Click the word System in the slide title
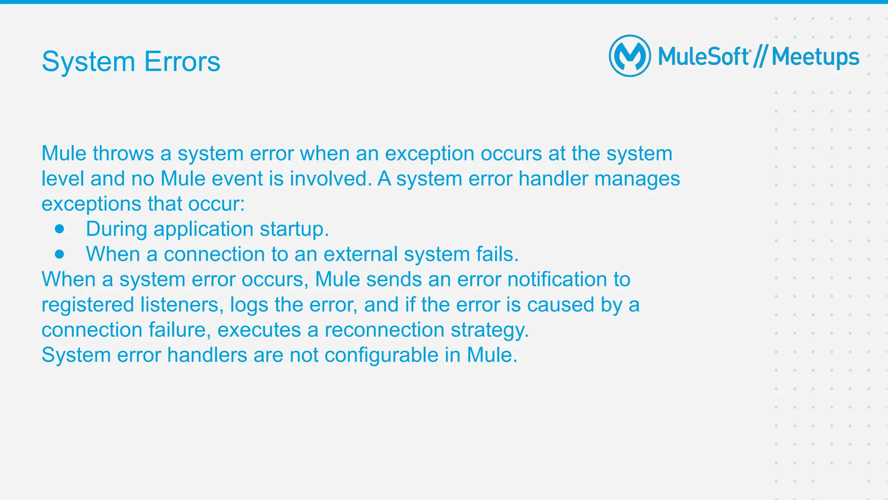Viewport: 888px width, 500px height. click(x=88, y=62)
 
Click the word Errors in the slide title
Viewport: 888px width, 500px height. click(x=182, y=62)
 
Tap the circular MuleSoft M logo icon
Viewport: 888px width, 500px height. click(x=630, y=56)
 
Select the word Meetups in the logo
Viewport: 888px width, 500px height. click(x=815, y=57)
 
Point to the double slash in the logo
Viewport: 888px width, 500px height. click(x=760, y=57)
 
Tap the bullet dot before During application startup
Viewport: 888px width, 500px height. click(x=60, y=229)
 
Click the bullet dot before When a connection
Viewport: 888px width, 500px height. click(x=60, y=254)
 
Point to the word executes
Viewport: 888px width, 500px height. click(x=259, y=330)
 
